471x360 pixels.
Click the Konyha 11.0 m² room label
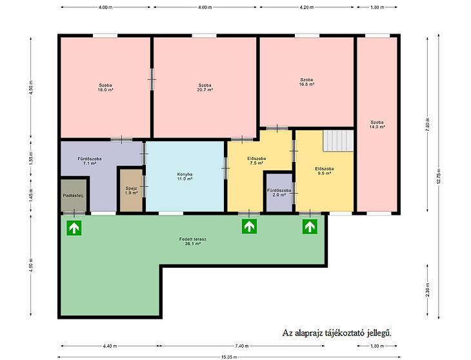click(185, 176)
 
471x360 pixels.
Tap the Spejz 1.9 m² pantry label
click(131, 190)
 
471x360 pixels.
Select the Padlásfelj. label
click(74, 195)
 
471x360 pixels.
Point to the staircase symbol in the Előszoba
click(338, 141)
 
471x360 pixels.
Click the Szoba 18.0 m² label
click(105, 87)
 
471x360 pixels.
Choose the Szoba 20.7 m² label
click(205, 87)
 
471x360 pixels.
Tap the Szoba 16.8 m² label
click(306, 82)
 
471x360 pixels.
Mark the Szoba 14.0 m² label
click(377, 125)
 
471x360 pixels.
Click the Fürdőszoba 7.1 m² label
click(90, 161)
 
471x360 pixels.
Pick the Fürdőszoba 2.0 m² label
click(279, 192)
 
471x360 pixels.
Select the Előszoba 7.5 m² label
click(257, 161)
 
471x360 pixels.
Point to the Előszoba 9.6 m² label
click(325, 171)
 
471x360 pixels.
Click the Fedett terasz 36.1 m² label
click(192, 241)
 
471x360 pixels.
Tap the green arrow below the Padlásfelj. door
click(74, 228)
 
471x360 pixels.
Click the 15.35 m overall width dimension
click(229, 357)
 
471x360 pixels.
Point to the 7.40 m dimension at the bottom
click(242, 346)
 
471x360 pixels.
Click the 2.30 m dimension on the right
click(428, 290)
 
